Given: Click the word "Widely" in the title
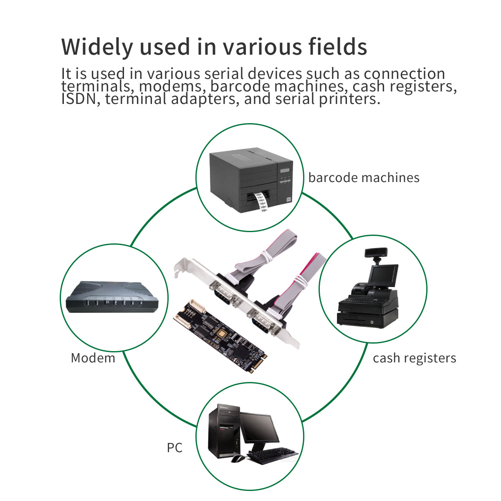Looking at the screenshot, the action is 97,47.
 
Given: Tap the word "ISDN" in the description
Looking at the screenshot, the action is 79,99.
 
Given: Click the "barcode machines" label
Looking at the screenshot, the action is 364,178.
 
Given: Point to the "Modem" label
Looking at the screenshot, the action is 93,358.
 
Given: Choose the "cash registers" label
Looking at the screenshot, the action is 415,358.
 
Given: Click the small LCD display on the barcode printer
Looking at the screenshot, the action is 285,170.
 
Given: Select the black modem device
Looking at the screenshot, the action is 112,297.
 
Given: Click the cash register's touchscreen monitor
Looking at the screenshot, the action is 383,275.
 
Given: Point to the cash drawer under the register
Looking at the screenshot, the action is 367,319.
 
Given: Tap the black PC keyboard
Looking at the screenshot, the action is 272,455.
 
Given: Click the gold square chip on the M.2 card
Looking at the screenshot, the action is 222,333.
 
